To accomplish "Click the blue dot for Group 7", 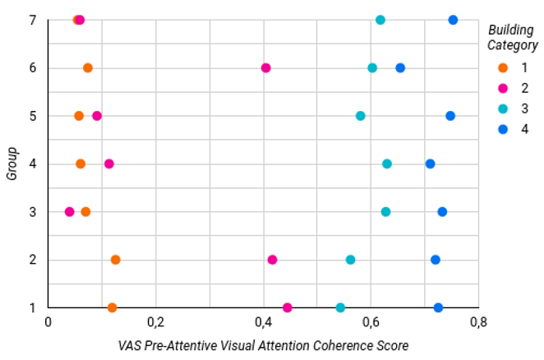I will coord(453,20).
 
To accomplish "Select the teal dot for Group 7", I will coord(380,20).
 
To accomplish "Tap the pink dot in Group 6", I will coord(265,68).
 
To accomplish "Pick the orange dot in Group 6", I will coord(88,68).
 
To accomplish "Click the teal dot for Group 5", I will coord(361,116).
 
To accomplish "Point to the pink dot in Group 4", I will coord(109,164).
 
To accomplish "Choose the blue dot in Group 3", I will coord(442,212).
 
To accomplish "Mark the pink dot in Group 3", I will coord(69,212).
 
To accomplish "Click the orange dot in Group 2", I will coord(116,260).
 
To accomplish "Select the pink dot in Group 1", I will coord(288,307).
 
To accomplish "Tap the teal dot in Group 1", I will coord(340,307).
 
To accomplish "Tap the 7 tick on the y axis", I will coord(33,20).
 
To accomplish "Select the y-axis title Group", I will coord(12,164).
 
